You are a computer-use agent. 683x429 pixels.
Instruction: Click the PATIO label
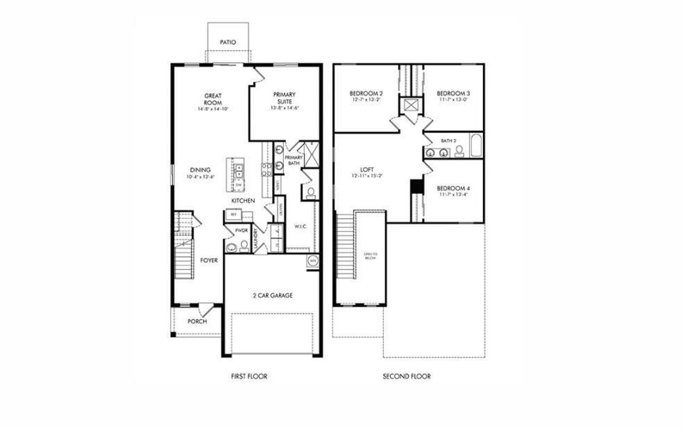tap(227, 42)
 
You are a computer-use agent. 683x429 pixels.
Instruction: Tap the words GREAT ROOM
tap(213, 99)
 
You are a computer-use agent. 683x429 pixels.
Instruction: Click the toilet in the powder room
tap(244, 245)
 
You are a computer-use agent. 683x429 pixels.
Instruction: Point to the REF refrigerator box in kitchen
tap(233, 214)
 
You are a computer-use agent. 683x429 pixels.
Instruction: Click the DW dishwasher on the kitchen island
tap(239, 185)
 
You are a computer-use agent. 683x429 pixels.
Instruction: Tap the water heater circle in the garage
tap(313, 261)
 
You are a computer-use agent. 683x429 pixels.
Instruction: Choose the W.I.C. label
tap(300, 226)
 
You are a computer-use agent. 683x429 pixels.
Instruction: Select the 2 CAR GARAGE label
tap(272, 295)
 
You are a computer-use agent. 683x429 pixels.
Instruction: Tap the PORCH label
tap(197, 322)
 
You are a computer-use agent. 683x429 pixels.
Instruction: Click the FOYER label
tap(209, 261)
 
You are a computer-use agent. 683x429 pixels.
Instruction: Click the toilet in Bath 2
tap(459, 152)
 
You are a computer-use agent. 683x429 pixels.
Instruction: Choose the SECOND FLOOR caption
tap(407, 377)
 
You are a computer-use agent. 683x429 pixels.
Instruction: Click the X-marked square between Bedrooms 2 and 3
tap(411, 105)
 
